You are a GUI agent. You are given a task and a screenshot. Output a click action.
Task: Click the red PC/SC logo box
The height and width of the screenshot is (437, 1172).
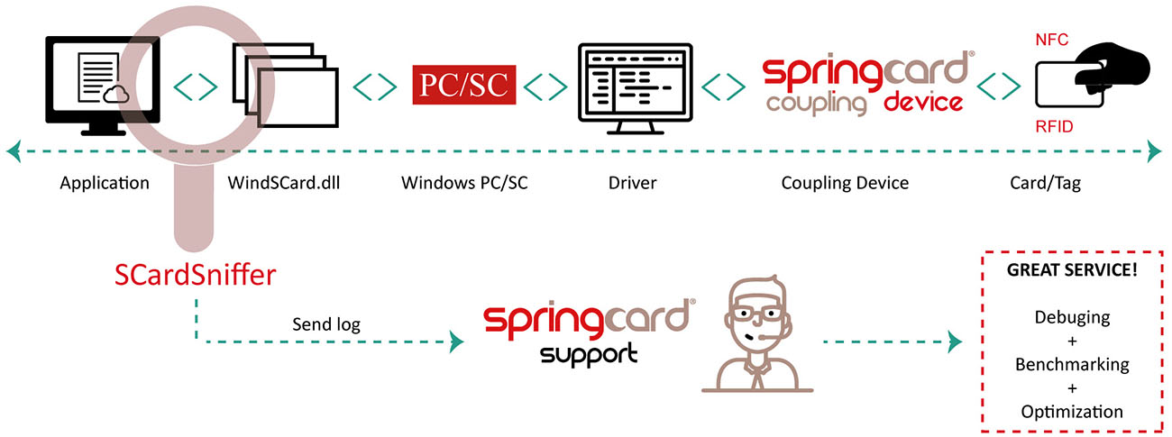click(464, 85)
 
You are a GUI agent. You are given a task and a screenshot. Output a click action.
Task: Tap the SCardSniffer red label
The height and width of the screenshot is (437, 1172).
click(195, 275)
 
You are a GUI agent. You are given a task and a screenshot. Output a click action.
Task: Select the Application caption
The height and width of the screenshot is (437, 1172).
click(105, 183)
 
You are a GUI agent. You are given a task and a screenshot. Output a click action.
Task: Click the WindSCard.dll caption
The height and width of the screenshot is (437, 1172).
click(284, 182)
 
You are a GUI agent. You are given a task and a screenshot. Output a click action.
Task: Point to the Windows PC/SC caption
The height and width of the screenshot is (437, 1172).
click(464, 182)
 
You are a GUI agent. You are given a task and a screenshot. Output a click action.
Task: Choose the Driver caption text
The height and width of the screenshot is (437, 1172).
click(632, 182)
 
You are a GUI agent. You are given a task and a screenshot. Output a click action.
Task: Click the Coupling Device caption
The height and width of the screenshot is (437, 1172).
click(845, 183)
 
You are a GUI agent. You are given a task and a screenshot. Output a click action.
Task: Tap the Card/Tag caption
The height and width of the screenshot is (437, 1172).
click(1046, 183)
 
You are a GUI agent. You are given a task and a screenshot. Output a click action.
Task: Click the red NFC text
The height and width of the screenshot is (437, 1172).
click(1052, 40)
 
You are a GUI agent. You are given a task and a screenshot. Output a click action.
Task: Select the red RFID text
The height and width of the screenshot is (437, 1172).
click(1054, 126)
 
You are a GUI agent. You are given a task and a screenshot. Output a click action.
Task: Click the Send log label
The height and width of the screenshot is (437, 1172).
click(326, 324)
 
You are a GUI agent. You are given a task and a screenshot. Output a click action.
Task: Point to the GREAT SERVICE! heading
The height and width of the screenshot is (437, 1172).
click(1072, 269)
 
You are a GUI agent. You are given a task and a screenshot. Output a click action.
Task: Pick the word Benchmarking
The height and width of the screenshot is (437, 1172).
click(1072, 364)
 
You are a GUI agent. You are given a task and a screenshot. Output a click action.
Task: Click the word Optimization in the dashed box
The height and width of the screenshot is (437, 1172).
click(1072, 412)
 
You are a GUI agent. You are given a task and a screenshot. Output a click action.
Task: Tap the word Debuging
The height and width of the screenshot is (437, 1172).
click(1072, 317)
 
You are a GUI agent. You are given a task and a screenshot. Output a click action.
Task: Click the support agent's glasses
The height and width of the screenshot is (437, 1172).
click(757, 314)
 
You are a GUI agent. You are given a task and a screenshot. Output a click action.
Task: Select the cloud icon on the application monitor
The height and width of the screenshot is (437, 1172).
click(116, 95)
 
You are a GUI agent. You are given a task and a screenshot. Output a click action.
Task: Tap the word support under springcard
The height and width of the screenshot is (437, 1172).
click(589, 355)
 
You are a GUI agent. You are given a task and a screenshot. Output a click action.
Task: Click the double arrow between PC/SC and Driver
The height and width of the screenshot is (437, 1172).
click(545, 86)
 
